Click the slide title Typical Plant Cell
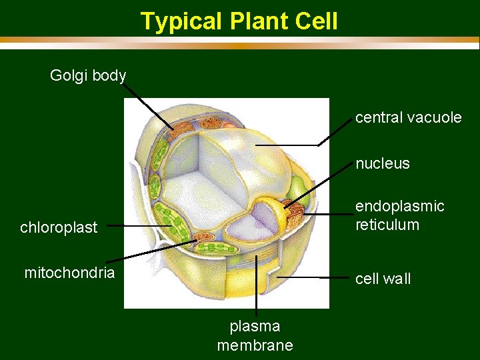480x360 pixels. pyautogui.click(x=239, y=21)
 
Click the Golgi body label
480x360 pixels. pyautogui.click(x=88, y=75)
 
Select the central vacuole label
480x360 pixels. pyautogui.click(x=408, y=118)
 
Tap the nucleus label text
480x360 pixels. pyautogui.click(x=382, y=163)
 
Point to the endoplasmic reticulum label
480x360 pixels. pyautogui.click(x=399, y=215)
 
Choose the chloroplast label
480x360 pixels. pyautogui.click(x=59, y=227)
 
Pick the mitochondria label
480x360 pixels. pyautogui.click(x=69, y=273)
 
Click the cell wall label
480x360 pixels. pyautogui.click(x=383, y=279)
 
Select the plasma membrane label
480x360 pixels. pyautogui.click(x=255, y=335)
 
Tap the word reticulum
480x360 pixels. pyautogui.click(x=387, y=225)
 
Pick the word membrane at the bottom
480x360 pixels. pyautogui.click(x=255, y=345)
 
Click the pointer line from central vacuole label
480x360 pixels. pyautogui.click(x=287, y=145)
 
